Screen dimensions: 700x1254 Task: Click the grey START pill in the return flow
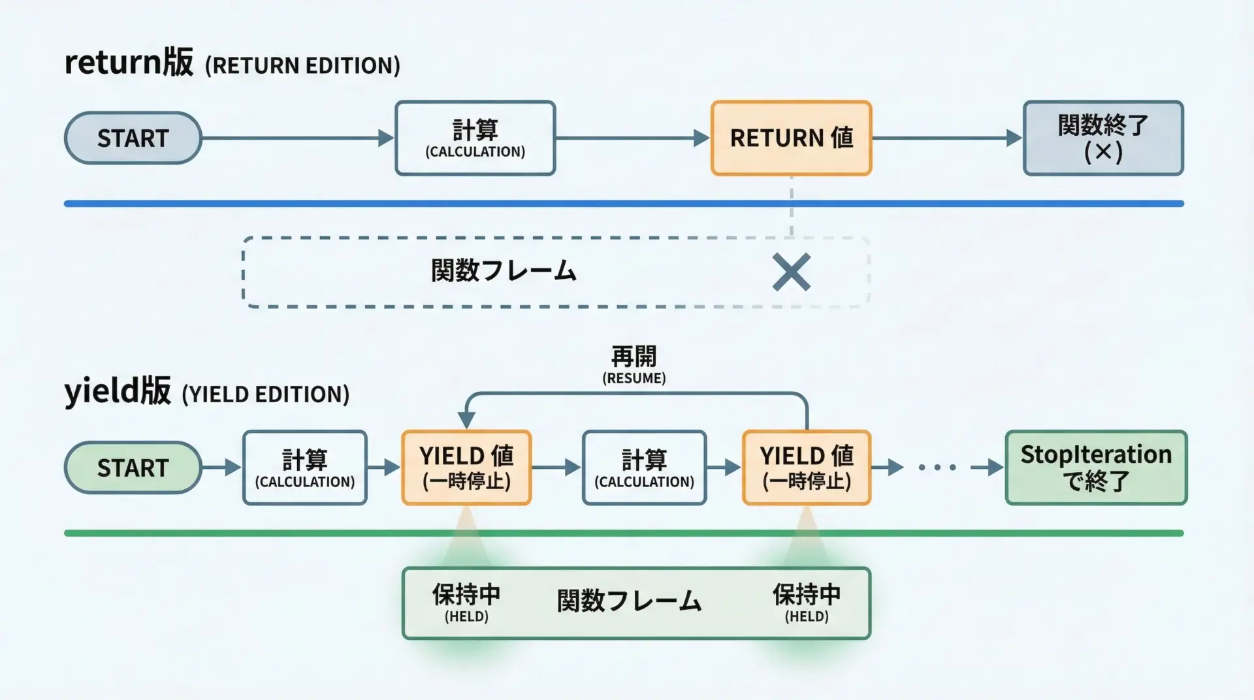point(133,138)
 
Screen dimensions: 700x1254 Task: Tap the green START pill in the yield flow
point(133,468)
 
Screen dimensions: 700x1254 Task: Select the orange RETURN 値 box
point(791,138)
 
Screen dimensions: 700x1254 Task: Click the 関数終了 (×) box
point(1103,138)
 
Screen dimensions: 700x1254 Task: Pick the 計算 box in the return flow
point(475,138)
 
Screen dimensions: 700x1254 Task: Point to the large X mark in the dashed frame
point(791,272)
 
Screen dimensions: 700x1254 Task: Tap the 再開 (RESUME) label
point(634,365)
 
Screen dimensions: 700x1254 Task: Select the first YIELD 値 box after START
point(466,468)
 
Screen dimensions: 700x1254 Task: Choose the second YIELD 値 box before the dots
point(807,468)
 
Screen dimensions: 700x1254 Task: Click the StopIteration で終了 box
point(1096,468)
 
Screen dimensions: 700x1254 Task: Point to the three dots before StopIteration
point(937,468)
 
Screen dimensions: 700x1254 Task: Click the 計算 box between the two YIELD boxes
point(644,468)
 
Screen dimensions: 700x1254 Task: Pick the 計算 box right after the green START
point(305,468)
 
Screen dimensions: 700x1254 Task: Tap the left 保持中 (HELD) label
point(466,602)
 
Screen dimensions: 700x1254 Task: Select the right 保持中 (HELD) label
point(807,602)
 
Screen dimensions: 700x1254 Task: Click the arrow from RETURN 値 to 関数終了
point(947,138)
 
